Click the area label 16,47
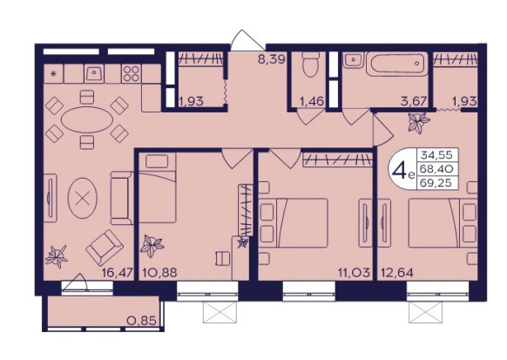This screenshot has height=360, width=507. coord(118,273)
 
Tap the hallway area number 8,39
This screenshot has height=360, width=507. coord(271,59)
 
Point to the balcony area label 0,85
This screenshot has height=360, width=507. coord(142,321)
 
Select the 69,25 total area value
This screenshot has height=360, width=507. coord(436,183)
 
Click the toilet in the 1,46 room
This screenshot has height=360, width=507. coord(310,64)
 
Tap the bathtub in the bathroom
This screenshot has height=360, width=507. coord(397,64)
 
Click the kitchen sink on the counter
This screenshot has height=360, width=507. coord(94,73)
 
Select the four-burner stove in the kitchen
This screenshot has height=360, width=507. coord(132,73)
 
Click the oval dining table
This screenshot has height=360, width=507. coord(87,119)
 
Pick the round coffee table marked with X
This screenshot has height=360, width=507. coord(82,198)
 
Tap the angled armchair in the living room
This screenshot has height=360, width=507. coord(105,248)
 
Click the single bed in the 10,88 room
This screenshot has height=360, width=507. coord(158,187)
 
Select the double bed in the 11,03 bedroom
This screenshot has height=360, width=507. coord(294,223)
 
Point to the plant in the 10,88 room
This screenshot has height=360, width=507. coord(152,246)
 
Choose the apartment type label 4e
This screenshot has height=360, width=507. coord(402,171)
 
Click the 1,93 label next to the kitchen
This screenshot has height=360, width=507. coord(191,102)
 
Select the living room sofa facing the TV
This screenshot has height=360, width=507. coord(122,198)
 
